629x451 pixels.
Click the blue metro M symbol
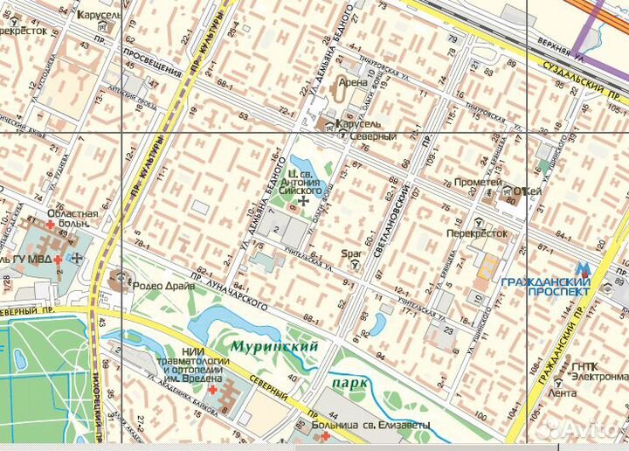[584, 269]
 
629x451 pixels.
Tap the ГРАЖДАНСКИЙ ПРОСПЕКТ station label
[547, 287]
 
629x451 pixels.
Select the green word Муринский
[273, 346]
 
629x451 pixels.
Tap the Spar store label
[351, 255]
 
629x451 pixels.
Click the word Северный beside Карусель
[377, 136]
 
